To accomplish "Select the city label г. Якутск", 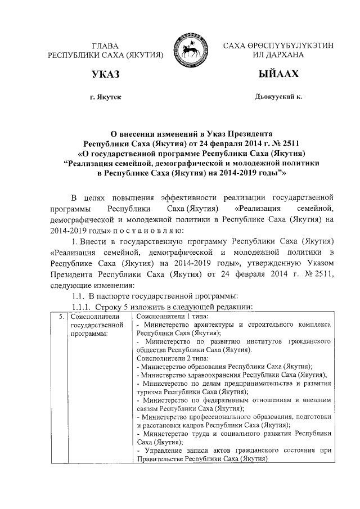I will tap(106, 97).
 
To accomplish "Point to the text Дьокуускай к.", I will tap(278, 97).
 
